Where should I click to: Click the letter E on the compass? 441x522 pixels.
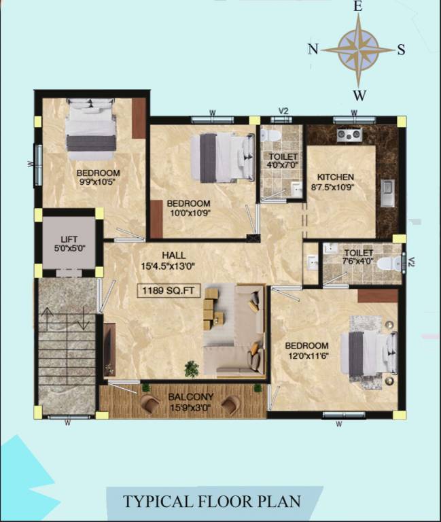(358, 7)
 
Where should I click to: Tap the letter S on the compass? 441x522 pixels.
(401, 49)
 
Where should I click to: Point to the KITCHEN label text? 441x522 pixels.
(332, 177)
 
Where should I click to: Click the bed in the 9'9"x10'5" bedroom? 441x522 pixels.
(90, 126)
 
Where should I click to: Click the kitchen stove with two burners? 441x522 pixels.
(349, 135)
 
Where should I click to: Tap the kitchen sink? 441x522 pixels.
(387, 192)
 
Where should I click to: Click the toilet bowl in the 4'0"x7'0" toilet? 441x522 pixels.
(270, 135)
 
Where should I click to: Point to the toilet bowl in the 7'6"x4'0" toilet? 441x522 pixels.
(387, 264)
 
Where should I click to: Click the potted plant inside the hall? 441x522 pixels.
(192, 368)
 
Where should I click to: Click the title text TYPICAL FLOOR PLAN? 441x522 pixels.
(211, 502)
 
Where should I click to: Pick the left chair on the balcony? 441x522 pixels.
(150, 404)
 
